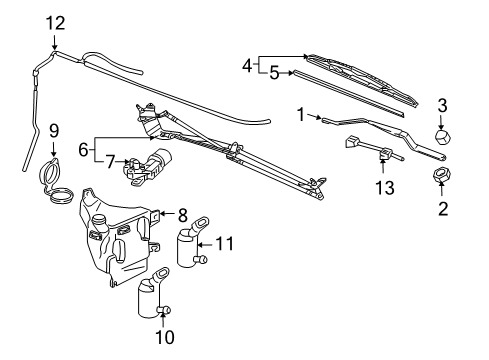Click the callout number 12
point(53,22)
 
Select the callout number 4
point(247,65)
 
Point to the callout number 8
point(182,214)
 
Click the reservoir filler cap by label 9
point(54,182)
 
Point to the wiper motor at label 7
point(150,168)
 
